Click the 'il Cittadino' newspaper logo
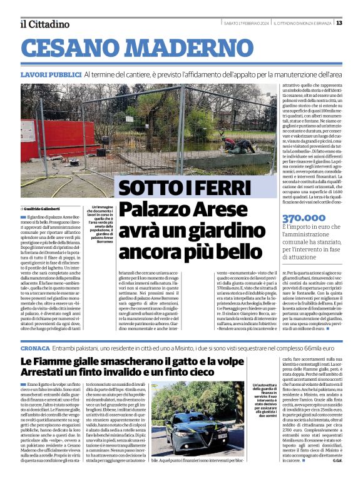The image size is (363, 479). (44, 24)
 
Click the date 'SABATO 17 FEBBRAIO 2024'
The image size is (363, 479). (247, 24)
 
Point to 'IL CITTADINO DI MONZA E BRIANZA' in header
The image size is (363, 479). (304, 24)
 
